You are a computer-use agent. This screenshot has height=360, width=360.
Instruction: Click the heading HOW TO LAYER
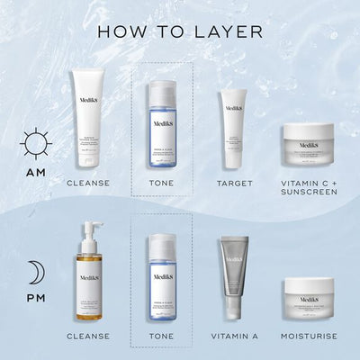tap(180, 32)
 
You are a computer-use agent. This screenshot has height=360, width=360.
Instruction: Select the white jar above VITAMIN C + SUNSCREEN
tap(309, 143)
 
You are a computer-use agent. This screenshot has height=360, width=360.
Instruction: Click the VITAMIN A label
tap(234, 336)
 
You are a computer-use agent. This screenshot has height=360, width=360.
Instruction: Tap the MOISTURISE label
tap(309, 336)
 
